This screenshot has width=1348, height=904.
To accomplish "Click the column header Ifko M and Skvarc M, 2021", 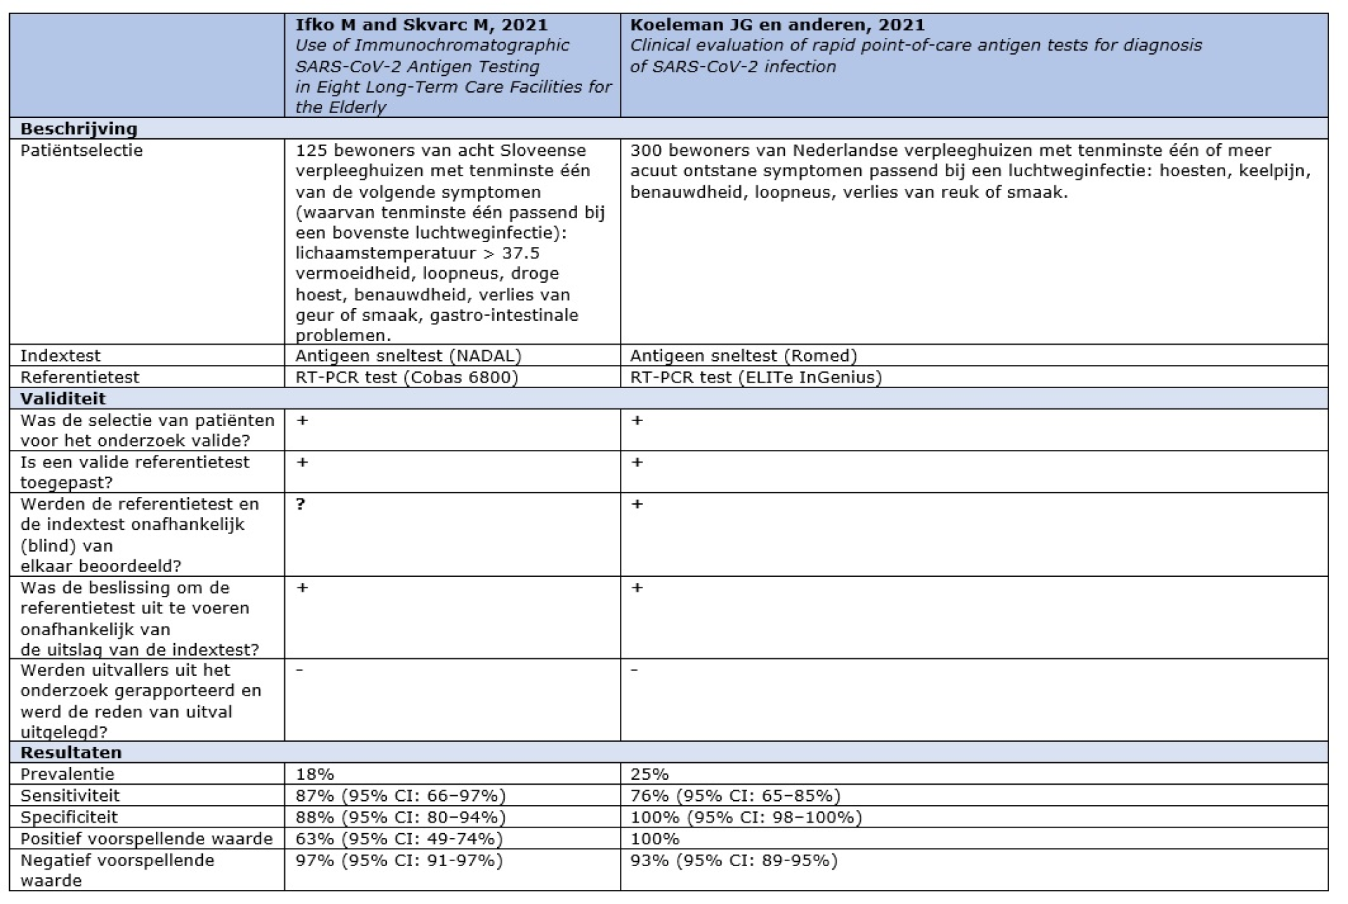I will coord(421,25).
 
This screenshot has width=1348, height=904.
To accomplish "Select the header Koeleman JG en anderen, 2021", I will coord(777,25).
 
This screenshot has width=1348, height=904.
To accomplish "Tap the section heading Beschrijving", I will coord(79,128).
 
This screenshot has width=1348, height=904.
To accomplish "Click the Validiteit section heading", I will coord(63,399).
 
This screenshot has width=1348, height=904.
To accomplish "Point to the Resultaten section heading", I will coord(71,752).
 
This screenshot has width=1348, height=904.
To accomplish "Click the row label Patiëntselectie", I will coord(81,150).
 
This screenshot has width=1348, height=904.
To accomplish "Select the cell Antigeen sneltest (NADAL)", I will coord(409,356).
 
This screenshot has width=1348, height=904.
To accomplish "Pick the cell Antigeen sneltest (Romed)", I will coord(744,356).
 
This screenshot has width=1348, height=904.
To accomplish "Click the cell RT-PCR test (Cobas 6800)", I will coord(407,377).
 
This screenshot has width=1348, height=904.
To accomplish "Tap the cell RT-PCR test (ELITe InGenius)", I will coord(756,377).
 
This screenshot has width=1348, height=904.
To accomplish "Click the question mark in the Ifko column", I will coord(301,504).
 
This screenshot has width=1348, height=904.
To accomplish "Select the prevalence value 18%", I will coord(315,774).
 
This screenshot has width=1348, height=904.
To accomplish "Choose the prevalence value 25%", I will coord(649,774).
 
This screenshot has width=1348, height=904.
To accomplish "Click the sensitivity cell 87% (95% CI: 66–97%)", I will coord(400,795).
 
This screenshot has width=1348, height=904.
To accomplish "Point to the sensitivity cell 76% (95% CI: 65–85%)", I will coord(735,795).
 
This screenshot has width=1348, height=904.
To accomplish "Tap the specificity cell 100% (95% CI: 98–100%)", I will coord(746,817).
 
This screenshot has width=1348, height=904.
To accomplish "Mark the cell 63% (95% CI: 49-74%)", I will coord(399,839).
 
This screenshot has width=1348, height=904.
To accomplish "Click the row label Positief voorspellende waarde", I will coord(146,839).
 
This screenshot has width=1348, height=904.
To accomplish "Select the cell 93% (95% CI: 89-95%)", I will coord(734,860).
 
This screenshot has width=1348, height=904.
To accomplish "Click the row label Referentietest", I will coord(80,377).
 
